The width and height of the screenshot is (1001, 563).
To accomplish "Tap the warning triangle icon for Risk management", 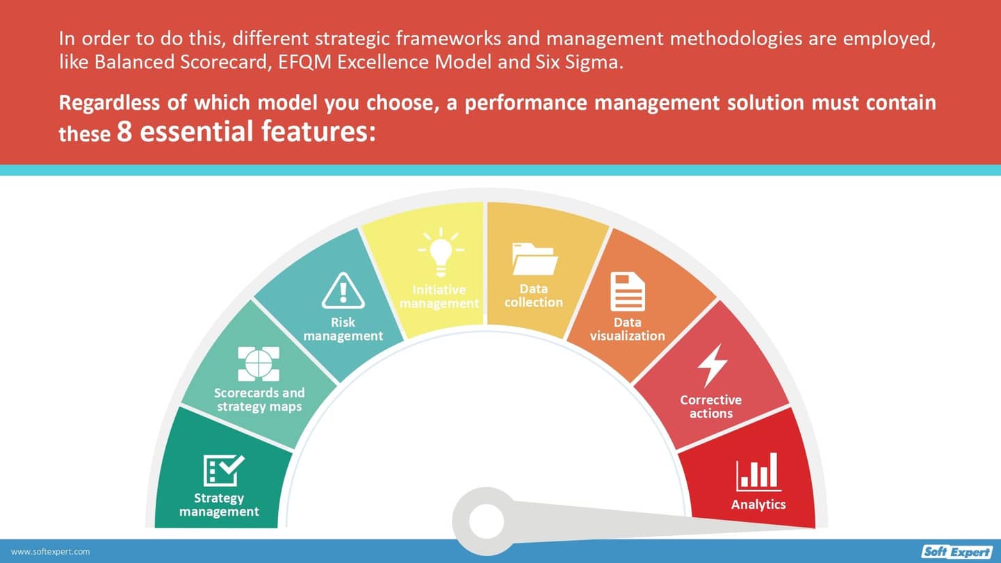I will click(x=343, y=291).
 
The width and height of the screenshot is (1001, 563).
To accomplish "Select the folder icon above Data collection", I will click(x=535, y=259).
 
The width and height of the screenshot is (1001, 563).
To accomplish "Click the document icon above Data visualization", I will click(x=627, y=291).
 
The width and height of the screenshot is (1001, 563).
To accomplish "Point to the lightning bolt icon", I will click(x=712, y=365).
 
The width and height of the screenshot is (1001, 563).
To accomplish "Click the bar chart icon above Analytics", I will click(x=758, y=472).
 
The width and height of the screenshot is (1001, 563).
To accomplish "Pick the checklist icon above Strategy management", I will click(x=223, y=471).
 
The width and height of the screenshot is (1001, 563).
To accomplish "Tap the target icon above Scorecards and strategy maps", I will click(x=259, y=364).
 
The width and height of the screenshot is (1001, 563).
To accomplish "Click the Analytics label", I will click(x=758, y=505).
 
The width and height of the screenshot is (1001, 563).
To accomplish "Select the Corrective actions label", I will click(x=710, y=407).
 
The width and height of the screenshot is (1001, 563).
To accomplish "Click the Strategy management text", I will click(x=219, y=505).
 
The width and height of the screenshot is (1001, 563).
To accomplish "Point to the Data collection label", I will click(x=533, y=295).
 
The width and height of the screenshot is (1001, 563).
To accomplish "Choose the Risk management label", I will click(x=343, y=329).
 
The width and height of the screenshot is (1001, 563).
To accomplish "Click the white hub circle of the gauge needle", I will click(x=487, y=521).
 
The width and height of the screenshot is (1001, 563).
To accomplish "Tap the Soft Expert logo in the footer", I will click(x=957, y=552).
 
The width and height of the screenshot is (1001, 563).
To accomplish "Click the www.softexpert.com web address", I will click(x=50, y=552).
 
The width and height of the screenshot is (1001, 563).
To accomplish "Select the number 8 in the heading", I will click(x=124, y=131).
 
